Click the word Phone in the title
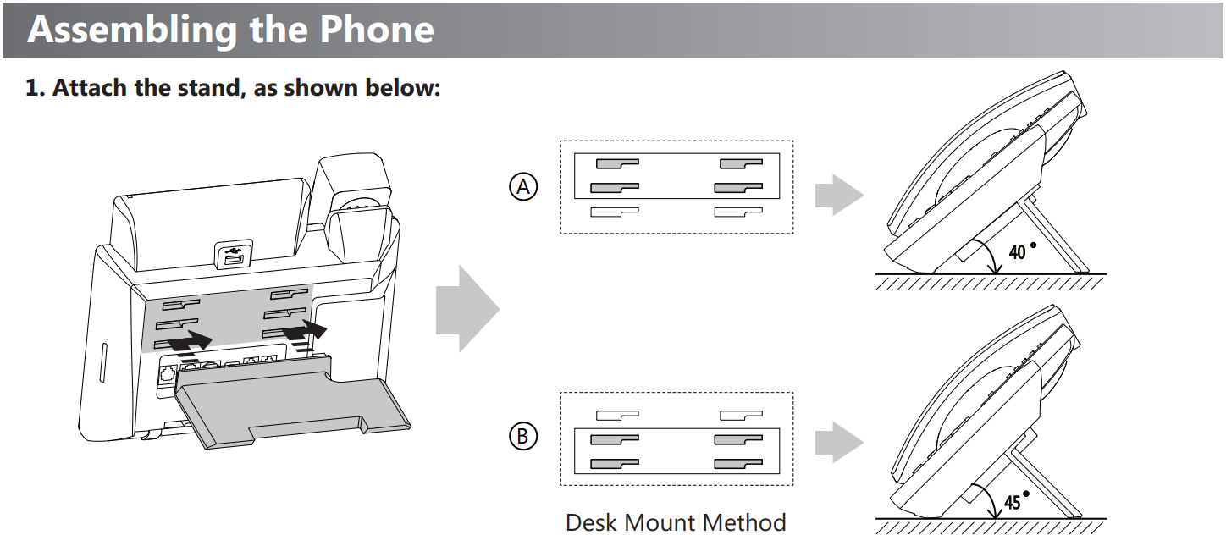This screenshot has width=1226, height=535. [x=377, y=30]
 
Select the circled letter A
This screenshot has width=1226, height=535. [x=523, y=186]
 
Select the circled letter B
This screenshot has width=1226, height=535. [x=523, y=436]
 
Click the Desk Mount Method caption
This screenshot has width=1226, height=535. [x=676, y=522]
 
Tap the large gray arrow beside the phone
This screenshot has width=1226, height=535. [x=467, y=308]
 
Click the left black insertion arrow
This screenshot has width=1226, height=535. [x=191, y=342]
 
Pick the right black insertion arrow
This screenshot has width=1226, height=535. [x=305, y=331]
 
